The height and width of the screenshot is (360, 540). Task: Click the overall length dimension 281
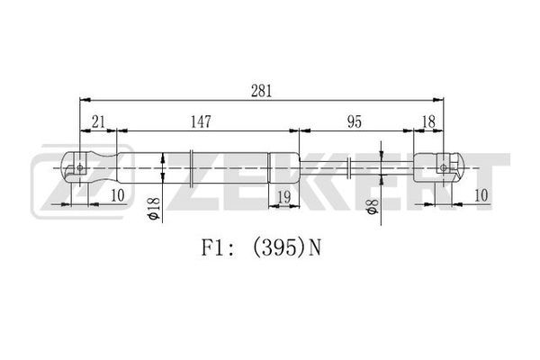click(261, 91)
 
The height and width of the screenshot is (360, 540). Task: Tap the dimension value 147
click(201, 122)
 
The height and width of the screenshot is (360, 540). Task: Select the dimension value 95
click(355, 122)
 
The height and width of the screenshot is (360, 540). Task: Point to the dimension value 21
click(98, 122)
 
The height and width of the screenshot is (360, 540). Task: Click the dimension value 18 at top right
click(428, 122)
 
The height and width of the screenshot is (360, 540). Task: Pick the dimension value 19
click(284, 197)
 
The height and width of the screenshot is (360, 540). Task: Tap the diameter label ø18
click(153, 209)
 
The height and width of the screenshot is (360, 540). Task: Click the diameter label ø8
click(373, 206)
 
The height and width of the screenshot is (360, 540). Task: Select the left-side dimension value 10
click(117, 195)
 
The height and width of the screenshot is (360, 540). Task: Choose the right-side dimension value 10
click(481, 195)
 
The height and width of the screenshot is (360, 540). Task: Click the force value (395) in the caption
click(279, 247)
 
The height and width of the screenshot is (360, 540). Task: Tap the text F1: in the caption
click(218, 247)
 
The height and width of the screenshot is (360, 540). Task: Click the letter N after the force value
click(315, 247)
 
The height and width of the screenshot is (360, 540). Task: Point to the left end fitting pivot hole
click(80, 167)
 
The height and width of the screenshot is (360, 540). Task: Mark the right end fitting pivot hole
click(444, 167)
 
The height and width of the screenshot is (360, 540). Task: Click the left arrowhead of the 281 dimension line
click(85, 100)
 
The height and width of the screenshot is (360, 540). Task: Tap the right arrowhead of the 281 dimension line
click(438, 100)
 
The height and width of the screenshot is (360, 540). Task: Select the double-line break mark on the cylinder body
click(192, 168)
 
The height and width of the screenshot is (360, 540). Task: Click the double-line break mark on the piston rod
click(349, 167)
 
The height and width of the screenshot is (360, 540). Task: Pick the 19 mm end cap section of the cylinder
click(284, 167)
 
